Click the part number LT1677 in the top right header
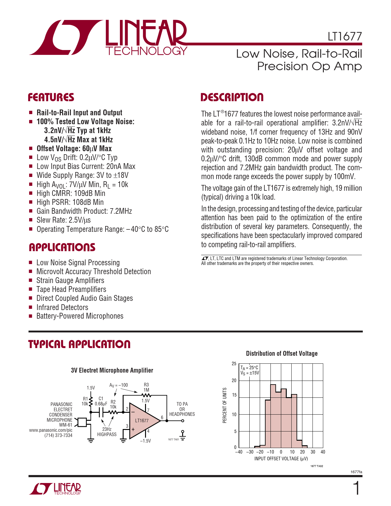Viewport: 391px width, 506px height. (x=345, y=36)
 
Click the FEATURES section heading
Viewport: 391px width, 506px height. (x=51, y=98)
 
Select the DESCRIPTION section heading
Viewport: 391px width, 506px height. (x=232, y=98)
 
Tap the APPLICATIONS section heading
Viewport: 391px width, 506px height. (x=62, y=247)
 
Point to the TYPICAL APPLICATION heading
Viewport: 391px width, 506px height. (x=79, y=344)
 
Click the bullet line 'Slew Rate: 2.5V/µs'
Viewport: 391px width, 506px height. (x=63, y=220)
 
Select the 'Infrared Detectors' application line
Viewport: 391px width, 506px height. (x=62, y=307)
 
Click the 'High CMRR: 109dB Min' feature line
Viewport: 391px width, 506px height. (x=71, y=194)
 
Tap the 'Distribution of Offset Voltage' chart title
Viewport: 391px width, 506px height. (x=282, y=354)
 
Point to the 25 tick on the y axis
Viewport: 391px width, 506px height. (x=234, y=364)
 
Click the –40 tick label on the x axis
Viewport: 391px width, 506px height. (x=239, y=452)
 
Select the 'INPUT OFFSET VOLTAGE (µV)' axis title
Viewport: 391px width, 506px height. (x=281, y=459)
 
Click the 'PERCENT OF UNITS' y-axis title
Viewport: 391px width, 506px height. (x=225, y=405)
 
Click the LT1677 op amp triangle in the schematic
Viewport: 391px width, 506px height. (x=143, y=420)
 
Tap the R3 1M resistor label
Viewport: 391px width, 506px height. (x=146, y=387)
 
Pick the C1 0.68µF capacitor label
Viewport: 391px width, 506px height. (x=101, y=401)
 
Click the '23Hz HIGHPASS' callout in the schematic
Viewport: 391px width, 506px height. (x=107, y=432)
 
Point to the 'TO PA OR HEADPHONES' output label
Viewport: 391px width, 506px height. (x=182, y=409)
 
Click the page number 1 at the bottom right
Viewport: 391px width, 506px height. (x=356, y=489)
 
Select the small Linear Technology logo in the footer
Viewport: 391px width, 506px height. (x=56, y=489)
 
